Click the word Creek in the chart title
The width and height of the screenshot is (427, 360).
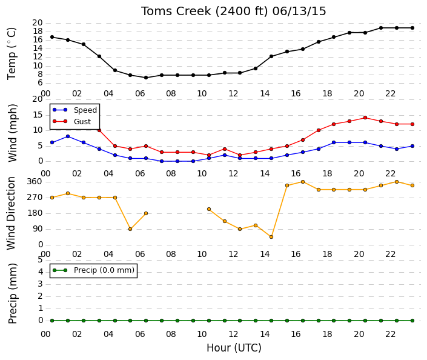pyautogui.click(x=193, y=12)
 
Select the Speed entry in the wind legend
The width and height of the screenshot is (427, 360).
pyautogui.click(x=75, y=110)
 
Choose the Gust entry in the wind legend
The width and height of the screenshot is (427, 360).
pyautogui.click(x=72, y=122)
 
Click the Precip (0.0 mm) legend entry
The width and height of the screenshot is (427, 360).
pyautogui.click(x=93, y=270)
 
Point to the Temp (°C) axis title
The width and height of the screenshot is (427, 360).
pyautogui.click(x=12, y=54)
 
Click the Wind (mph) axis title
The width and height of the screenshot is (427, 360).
pyautogui.click(x=12, y=133)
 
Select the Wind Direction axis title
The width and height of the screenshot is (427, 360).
pyautogui.click(x=11, y=213)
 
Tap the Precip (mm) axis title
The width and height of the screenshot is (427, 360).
pyautogui.click(x=12, y=293)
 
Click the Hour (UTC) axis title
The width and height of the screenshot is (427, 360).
pyautogui.click(x=234, y=348)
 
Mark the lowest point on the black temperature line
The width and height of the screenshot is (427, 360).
pyautogui.click(x=146, y=78)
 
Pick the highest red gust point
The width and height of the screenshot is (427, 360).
pyautogui.click(x=365, y=118)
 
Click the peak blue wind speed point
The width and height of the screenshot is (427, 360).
pyautogui.click(x=68, y=136)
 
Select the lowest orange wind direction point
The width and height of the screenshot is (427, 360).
pyautogui.click(x=271, y=237)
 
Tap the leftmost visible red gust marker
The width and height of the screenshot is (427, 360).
pyautogui.click(x=99, y=130)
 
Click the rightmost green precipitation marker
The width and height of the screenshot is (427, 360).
pyautogui.click(x=412, y=321)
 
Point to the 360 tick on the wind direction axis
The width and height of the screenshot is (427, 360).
pyautogui.click(x=35, y=182)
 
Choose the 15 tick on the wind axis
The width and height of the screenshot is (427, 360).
pyautogui.click(x=38, y=115)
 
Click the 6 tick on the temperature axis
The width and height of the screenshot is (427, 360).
pyautogui.click(x=40, y=83)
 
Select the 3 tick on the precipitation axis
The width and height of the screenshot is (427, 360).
pyautogui.click(x=41, y=284)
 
